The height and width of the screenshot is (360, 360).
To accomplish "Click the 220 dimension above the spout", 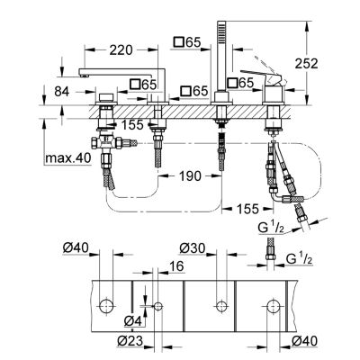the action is [x=121, y=50].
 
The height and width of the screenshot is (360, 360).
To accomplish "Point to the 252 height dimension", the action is [x=306, y=63].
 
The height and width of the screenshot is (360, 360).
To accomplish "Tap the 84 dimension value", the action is [x=62, y=92].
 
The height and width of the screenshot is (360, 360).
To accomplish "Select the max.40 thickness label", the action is [x=67, y=157].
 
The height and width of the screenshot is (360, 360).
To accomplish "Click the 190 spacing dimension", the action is [x=190, y=175].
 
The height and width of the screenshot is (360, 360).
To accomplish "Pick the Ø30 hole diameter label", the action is [x=193, y=248].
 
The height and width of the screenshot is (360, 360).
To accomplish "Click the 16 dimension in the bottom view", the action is [x=176, y=266].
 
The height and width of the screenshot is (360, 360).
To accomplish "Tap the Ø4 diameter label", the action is [x=132, y=321].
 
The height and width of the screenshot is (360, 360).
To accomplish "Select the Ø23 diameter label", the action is [x=130, y=341].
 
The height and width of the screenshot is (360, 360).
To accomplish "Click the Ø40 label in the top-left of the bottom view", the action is [x=76, y=247].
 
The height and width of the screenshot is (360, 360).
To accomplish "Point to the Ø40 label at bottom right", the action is [x=304, y=341].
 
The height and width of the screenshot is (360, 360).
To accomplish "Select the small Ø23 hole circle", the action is [x=157, y=306].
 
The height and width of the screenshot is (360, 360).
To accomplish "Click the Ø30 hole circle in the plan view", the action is [x=221, y=306].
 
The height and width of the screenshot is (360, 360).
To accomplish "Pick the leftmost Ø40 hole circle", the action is [x=106, y=306].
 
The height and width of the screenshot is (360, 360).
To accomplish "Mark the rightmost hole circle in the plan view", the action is [x=274, y=306].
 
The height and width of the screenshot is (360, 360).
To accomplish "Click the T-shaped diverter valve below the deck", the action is [x=112, y=142].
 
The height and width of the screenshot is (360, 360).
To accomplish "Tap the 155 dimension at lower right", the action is [x=247, y=209].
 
